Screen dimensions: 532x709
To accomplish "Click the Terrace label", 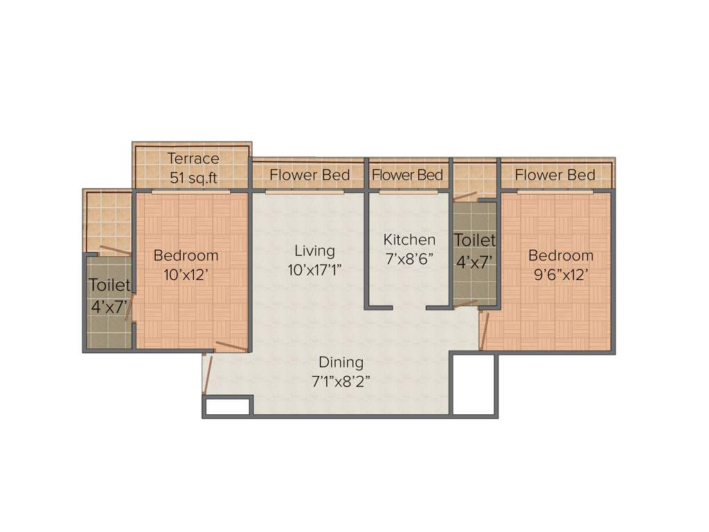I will tap(193, 159).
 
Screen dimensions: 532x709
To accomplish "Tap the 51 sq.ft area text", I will tap(193, 178).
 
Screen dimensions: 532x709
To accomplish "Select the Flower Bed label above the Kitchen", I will tap(407, 175).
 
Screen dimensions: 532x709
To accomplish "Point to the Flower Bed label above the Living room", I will tap(309, 175).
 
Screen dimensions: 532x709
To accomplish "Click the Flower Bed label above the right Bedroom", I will tap(555, 175).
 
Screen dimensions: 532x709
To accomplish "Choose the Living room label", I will tap(314, 251).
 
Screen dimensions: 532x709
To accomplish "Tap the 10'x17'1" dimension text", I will tap(316, 270).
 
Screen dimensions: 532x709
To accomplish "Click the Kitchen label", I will tap(410, 240).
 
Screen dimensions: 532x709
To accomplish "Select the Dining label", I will tap(341, 362).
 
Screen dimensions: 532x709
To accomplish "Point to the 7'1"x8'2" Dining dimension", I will tap(341, 381).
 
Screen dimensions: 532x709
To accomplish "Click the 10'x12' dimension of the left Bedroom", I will tap(186, 274).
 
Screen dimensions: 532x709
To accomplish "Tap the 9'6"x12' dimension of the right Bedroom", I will tap(561, 274).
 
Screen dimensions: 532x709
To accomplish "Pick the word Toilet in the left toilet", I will tap(109, 285).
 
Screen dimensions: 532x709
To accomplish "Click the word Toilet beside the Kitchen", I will tap(475, 240).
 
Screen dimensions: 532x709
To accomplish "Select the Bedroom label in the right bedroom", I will tap(561, 256).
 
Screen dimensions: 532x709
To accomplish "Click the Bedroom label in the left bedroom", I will tap(186, 256).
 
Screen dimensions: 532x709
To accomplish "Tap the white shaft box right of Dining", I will tap(474, 384).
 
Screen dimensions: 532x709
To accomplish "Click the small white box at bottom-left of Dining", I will tap(228, 407).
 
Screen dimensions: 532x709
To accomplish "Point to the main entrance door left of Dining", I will tap(206, 374).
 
